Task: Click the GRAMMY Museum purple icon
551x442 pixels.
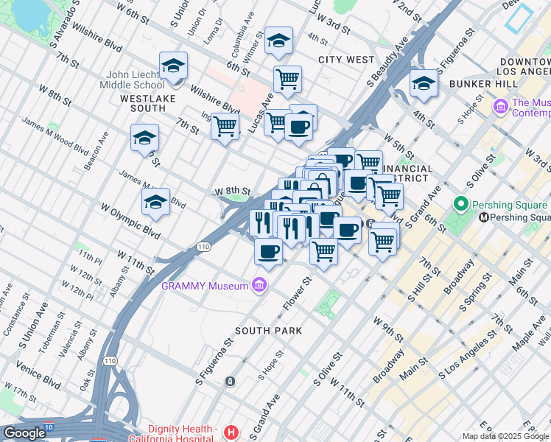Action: pyautogui.click(x=259, y=285)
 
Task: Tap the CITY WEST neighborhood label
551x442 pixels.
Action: pyautogui.click(x=343, y=59)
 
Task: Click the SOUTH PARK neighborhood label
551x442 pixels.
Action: pyautogui.click(x=268, y=331)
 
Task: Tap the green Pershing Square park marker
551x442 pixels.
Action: pyautogui.click(x=462, y=203)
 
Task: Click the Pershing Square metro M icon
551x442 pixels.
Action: pyautogui.click(x=484, y=218)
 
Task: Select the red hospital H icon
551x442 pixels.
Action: pyautogui.click(x=231, y=432)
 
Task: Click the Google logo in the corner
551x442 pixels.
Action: pyautogui.click(x=24, y=432)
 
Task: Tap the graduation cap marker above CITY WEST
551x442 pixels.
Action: pyautogui.click(x=278, y=41)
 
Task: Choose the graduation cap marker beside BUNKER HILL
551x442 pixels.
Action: pyautogui.click(x=424, y=83)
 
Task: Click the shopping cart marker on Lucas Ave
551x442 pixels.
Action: pyautogui.click(x=287, y=77)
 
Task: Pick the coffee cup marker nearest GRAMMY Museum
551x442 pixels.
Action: pyautogui.click(x=268, y=252)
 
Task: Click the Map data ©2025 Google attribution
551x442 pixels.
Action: pyautogui.click(x=506, y=436)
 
